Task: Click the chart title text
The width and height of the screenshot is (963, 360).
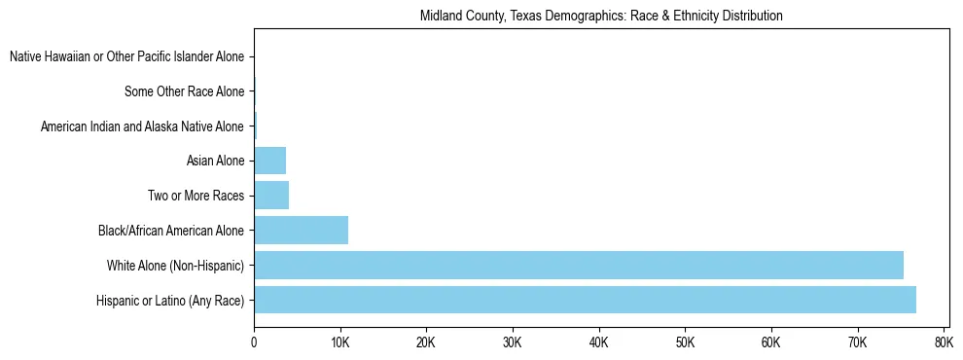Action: (x=601, y=17)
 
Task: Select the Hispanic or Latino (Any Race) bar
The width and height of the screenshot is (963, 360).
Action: (x=585, y=300)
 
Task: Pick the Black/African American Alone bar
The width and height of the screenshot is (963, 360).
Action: (x=302, y=231)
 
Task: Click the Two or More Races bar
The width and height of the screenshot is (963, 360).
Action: (x=271, y=196)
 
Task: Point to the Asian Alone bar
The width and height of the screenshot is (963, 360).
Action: (x=270, y=161)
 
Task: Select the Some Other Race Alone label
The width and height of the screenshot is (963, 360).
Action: (x=184, y=92)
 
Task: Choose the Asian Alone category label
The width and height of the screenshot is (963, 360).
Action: (x=215, y=162)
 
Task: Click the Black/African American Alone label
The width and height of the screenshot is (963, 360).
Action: (x=171, y=231)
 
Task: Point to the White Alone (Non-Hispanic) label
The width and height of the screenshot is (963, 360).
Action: (x=175, y=266)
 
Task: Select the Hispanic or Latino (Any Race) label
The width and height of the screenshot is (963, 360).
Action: (x=170, y=301)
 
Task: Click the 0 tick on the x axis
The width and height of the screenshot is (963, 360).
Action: (x=254, y=342)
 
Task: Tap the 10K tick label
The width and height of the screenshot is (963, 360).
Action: (x=339, y=342)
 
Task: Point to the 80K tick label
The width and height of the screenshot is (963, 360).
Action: (x=943, y=342)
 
